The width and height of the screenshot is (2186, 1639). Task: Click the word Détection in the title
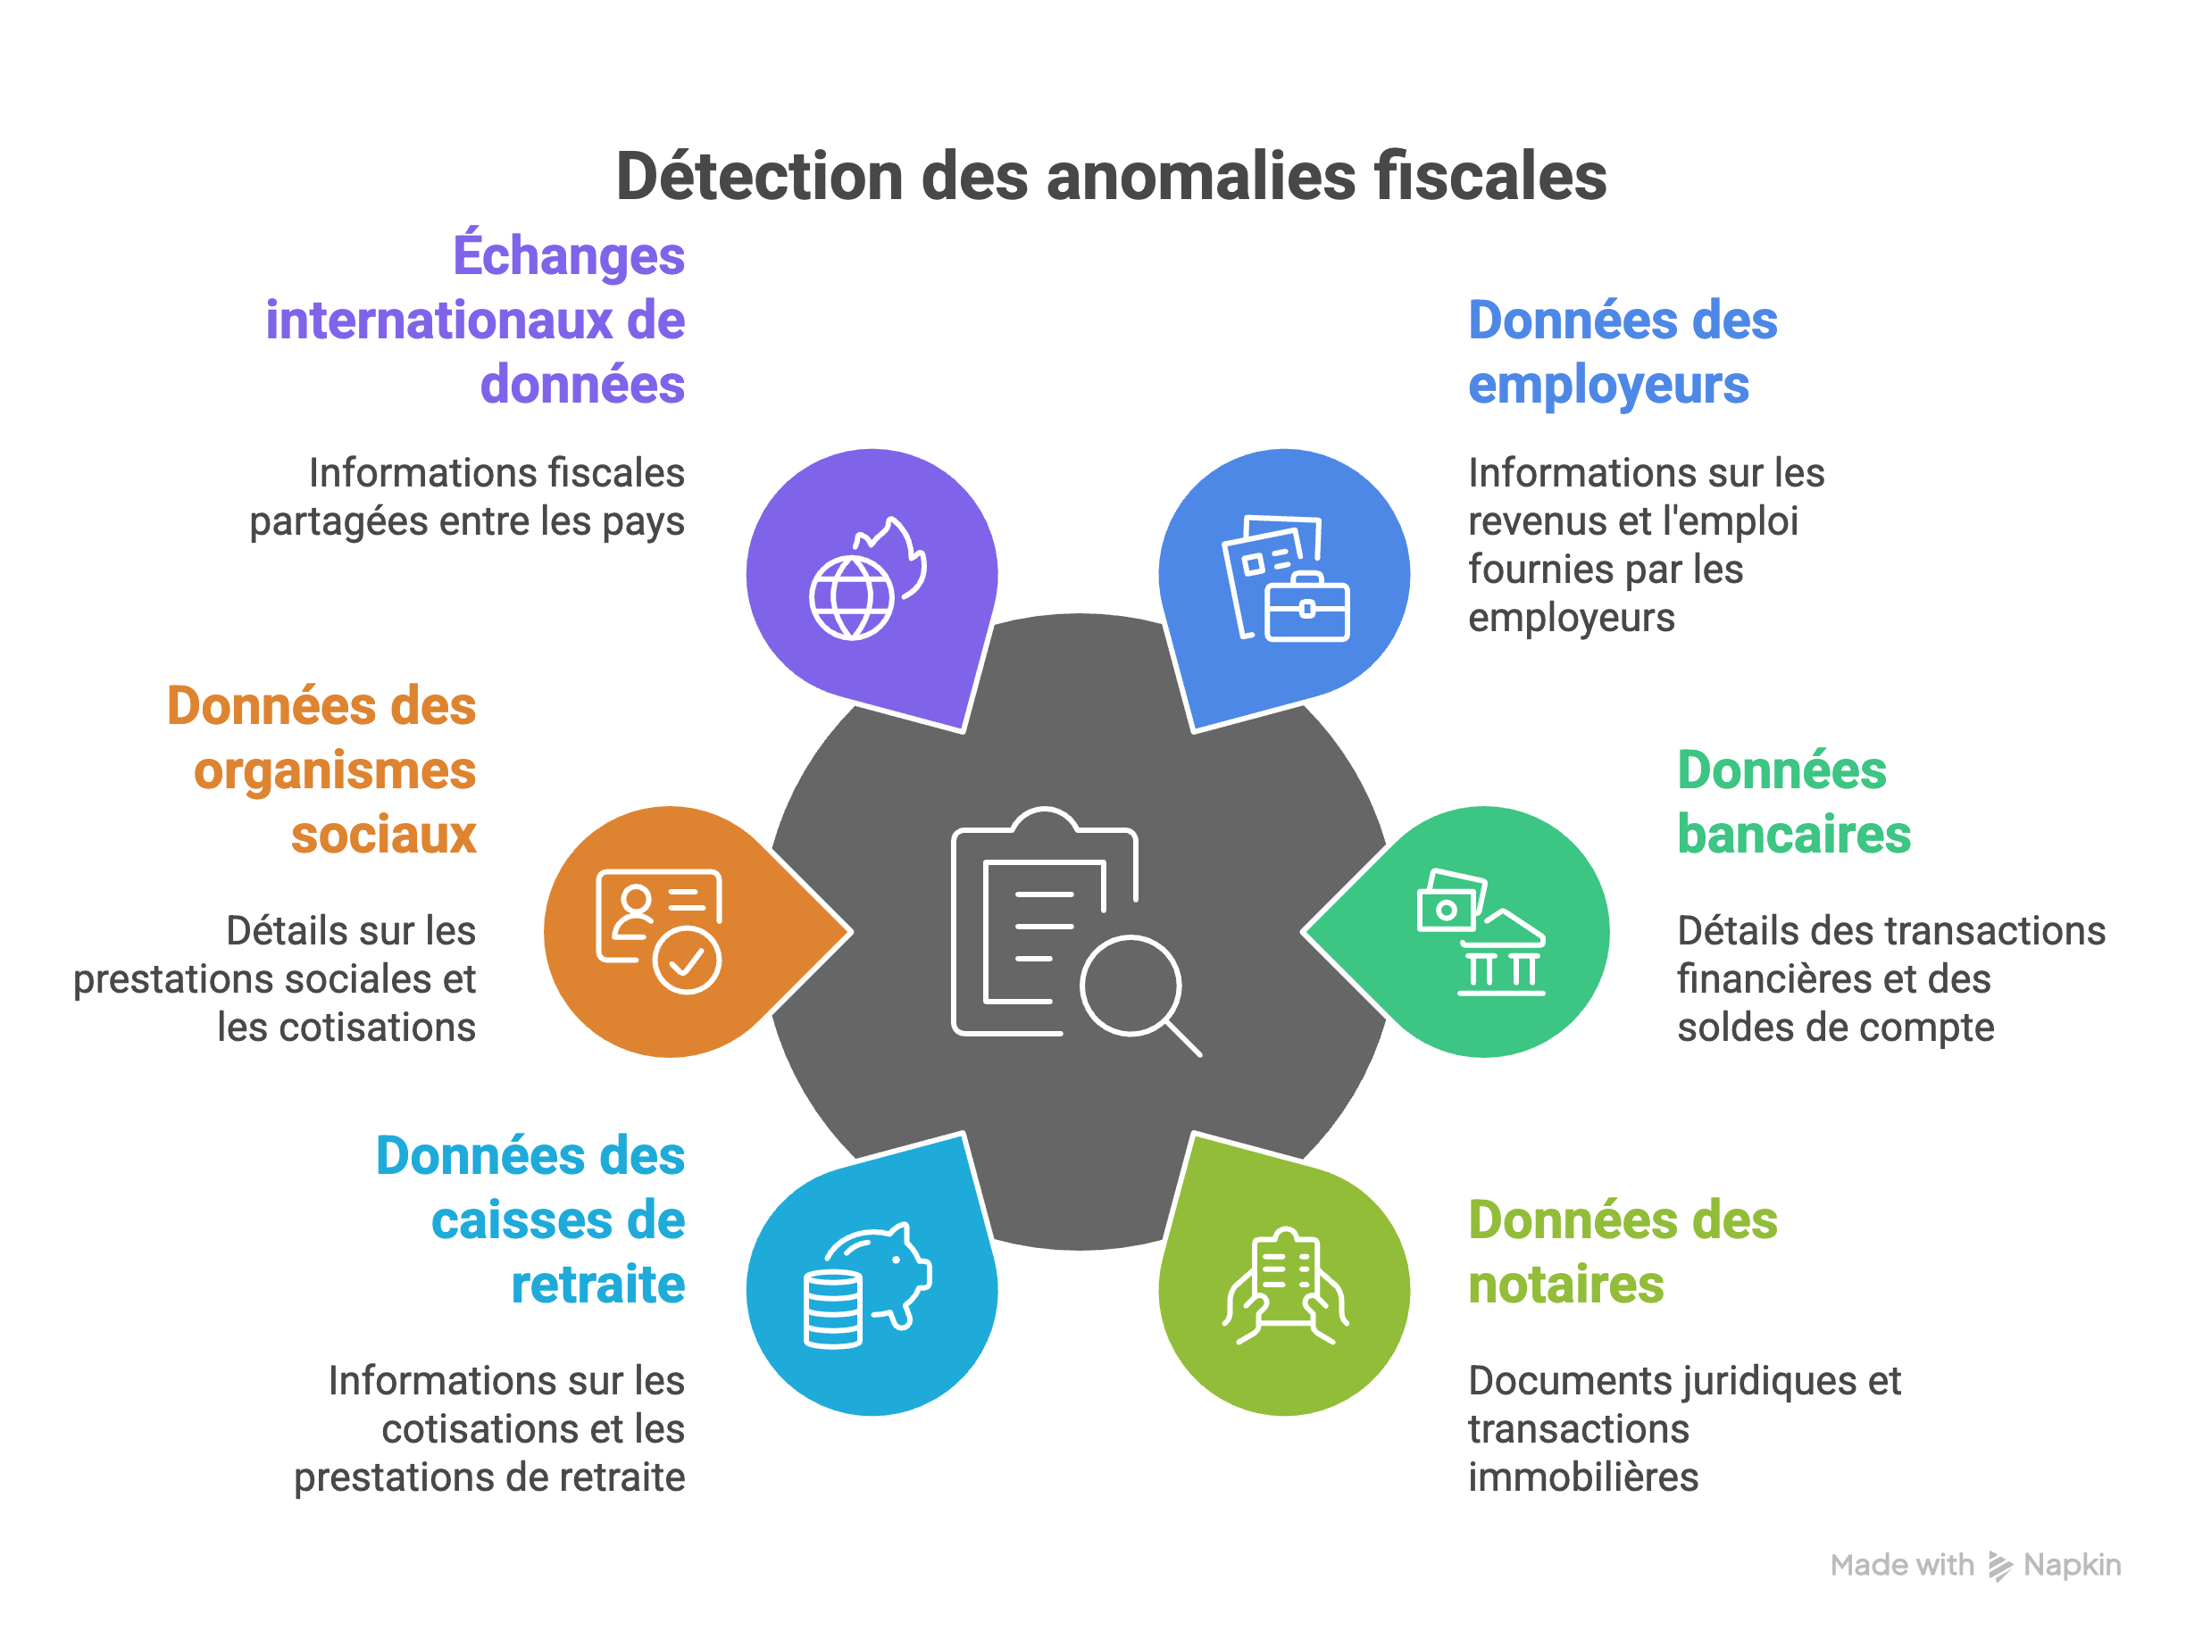point(759,178)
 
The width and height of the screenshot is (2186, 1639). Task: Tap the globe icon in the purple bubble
point(851,598)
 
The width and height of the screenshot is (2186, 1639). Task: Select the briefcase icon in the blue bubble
point(1306,608)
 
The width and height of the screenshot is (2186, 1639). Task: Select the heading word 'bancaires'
point(1794,835)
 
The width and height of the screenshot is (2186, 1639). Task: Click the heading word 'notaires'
point(1565,1285)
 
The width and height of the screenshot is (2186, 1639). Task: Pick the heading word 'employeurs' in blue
point(1608,386)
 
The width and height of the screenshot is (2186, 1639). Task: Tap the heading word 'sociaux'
point(383,835)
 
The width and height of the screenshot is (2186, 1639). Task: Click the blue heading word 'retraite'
point(598,1285)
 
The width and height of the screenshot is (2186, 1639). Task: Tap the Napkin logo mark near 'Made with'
point(1999,1566)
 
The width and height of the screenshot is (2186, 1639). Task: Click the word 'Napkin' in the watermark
point(2073,1566)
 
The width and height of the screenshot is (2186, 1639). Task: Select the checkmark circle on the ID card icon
point(687,960)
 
